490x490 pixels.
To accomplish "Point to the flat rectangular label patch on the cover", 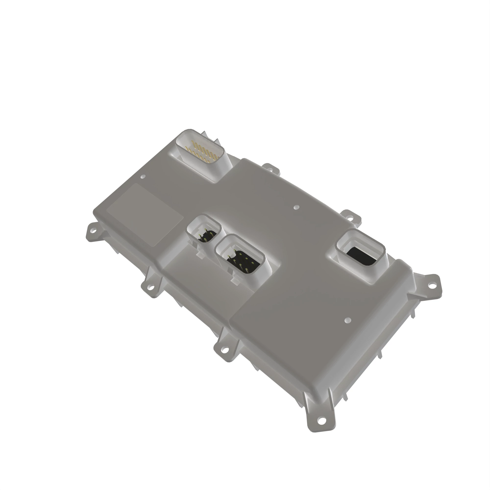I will tap(145, 214).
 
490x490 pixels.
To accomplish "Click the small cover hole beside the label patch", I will tap(143, 176).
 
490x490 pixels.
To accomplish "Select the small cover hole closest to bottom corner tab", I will tap(348, 320).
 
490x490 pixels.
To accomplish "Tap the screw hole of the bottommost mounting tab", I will tap(321, 420).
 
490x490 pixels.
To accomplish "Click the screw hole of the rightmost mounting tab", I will tap(431, 285).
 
